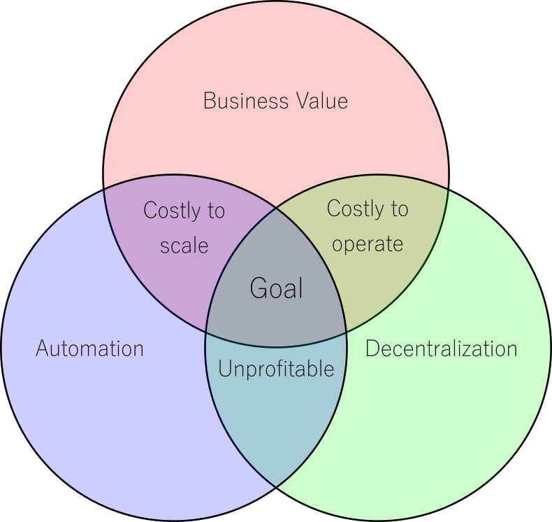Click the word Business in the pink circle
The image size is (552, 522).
pyautogui.click(x=246, y=101)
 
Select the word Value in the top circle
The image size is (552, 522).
pyautogui.click(x=321, y=101)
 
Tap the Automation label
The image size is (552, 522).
pyautogui.click(x=89, y=348)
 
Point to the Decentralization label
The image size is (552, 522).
pyautogui.click(x=441, y=348)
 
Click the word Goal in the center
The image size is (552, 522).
pyautogui.click(x=277, y=288)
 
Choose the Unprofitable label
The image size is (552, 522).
pyautogui.click(x=276, y=369)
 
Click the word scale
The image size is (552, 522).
pyautogui.click(x=184, y=246)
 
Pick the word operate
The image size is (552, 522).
pyautogui.click(x=368, y=244)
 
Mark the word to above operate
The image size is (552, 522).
pyautogui.click(x=400, y=209)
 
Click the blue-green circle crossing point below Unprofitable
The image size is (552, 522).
pyautogui.click(x=276, y=487)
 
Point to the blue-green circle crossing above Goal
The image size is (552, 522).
pyautogui.click(x=276, y=209)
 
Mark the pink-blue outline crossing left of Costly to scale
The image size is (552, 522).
pyautogui.click(x=103, y=190)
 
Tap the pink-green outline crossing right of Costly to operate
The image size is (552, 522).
pyautogui.click(x=448, y=190)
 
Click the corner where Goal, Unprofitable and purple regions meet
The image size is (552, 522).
pyautogui.click(x=206, y=332)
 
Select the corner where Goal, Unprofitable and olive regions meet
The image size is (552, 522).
pyautogui.click(x=347, y=332)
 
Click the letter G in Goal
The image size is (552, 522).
pyautogui.click(x=259, y=288)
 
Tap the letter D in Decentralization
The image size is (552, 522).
pyautogui.click(x=373, y=348)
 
